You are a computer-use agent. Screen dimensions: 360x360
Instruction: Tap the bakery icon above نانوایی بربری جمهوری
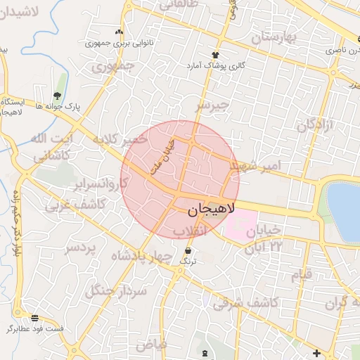[x=119, y=32]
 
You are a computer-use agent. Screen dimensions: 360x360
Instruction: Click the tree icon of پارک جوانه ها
[x=57, y=96]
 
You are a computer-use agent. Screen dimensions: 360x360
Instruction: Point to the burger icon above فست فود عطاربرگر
[x=35, y=318]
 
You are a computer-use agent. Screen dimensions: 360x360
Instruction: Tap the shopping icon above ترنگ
[x=187, y=251]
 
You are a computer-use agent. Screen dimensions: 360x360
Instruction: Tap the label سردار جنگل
[x=117, y=289]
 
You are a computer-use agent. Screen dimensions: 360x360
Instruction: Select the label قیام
[x=302, y=274]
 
